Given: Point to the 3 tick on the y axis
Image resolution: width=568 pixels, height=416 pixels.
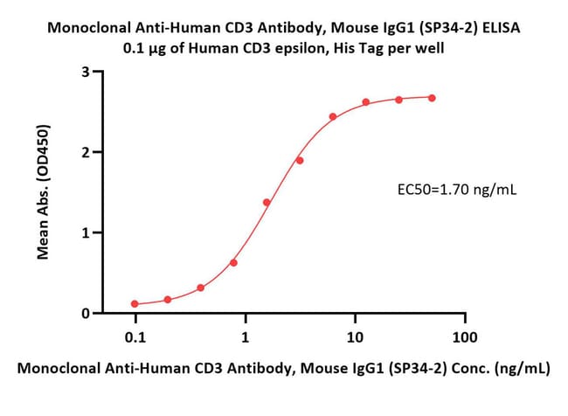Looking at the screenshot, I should point(99,72).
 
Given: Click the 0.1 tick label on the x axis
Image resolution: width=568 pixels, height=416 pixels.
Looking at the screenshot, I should point(135,337).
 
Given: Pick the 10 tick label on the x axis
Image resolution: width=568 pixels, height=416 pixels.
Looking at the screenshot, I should point(355,337).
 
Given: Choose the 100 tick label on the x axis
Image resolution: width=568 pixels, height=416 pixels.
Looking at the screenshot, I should point(465,337).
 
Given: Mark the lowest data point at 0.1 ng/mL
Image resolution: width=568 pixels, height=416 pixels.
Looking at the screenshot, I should point(135,304).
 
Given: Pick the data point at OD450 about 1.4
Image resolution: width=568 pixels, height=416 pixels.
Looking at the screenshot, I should point(267,202).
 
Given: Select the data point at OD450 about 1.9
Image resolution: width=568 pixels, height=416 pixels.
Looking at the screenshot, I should point(300,161).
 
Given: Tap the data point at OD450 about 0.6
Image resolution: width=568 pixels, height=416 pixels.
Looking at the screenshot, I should point(233,262).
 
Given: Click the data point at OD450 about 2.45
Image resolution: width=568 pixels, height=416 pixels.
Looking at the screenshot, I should point(333,116).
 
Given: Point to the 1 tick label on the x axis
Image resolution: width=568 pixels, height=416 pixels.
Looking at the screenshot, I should point(246,337).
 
